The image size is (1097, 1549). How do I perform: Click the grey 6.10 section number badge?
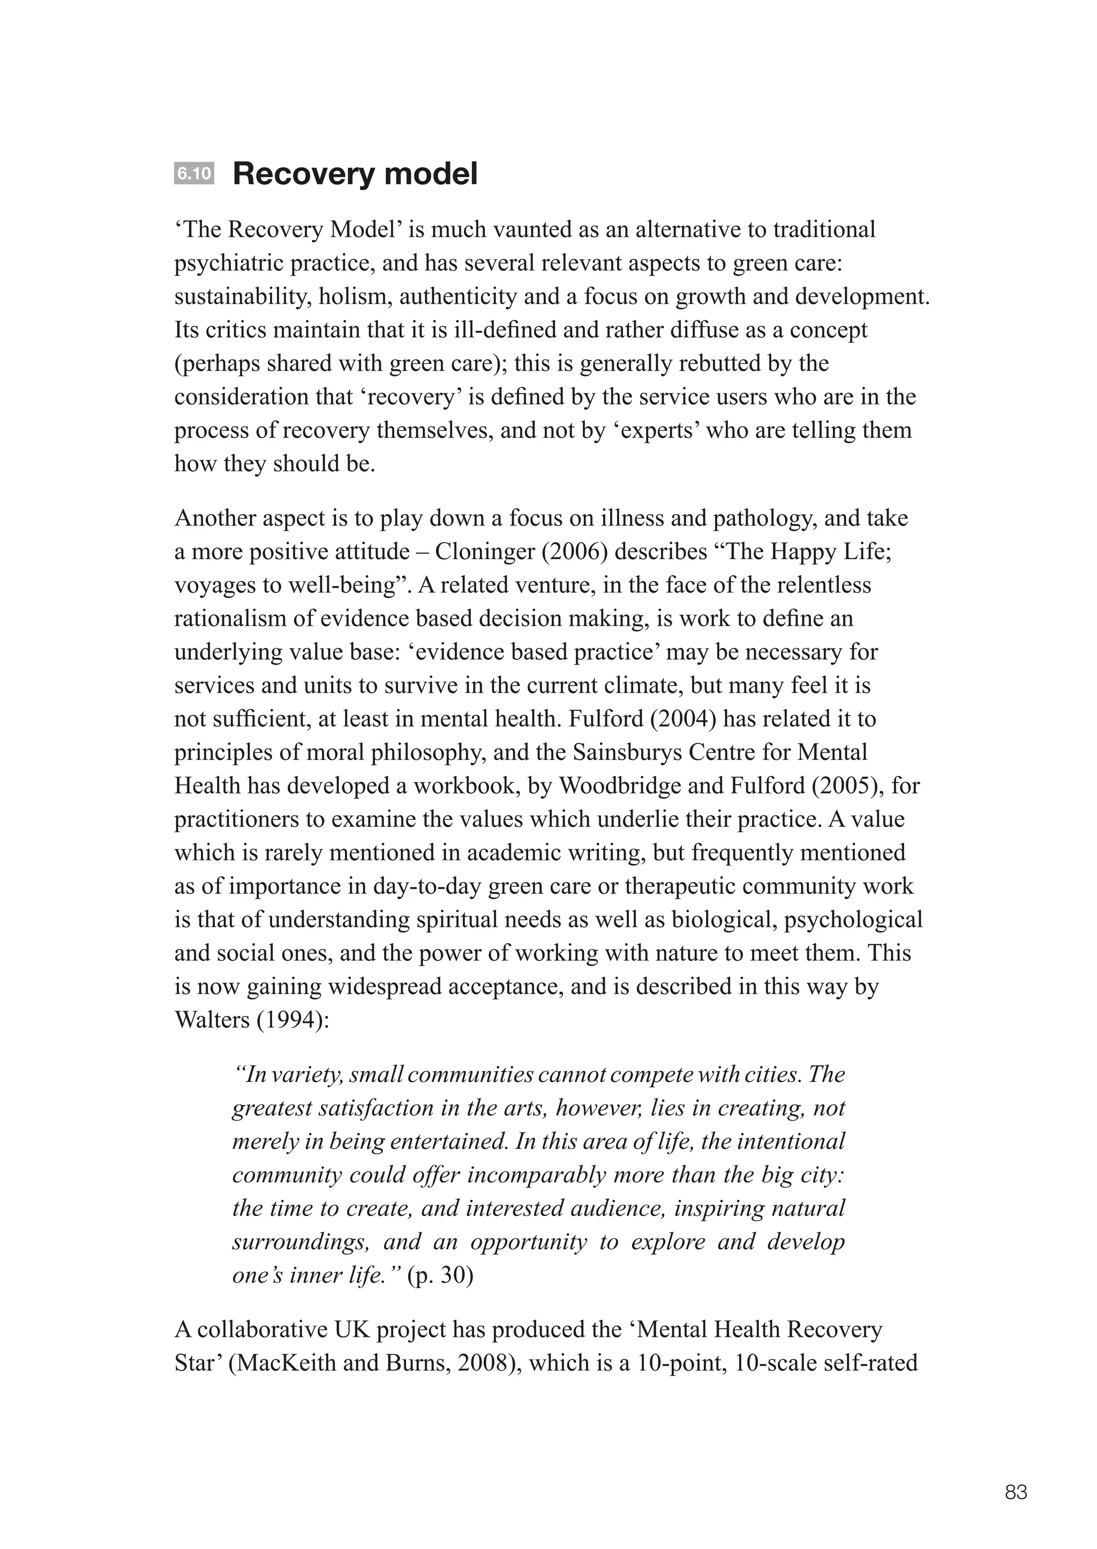[x=194, y=174]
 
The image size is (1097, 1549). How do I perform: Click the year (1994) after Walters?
[x=292, y=1020]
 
